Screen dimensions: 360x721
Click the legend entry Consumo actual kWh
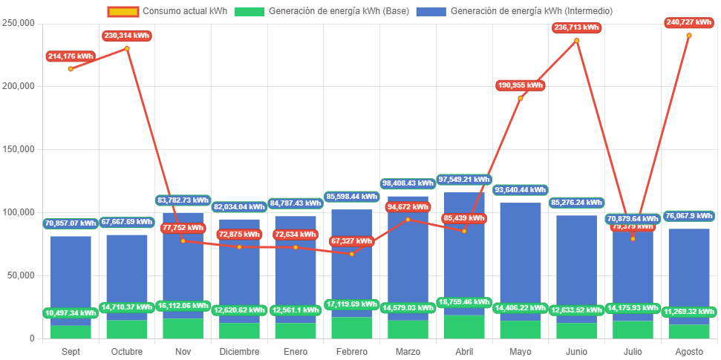(x=175, y=11)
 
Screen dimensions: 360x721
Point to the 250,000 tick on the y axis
(x=19, y=23)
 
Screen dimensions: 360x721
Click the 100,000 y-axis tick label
(x=19, y=212)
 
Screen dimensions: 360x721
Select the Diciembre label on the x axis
(x=239, y=351)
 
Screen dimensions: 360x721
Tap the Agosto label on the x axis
(x=688, y=351)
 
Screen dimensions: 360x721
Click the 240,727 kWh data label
(x=688, y=23)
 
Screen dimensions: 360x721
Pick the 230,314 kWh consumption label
(x=127, y=36)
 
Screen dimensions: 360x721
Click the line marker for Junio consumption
(x=576, y=40)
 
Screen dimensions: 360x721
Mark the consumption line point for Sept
(x=71, y=69)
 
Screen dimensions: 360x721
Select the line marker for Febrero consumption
(x=352, y=254)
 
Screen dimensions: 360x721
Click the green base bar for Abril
(x=464, y=327)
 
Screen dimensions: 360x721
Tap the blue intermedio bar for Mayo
(x=521, y=252)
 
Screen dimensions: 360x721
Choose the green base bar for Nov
(x=183, y=328)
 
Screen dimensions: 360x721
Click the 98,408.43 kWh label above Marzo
(x=408, y=183)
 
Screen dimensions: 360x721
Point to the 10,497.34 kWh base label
(x=71, y=312)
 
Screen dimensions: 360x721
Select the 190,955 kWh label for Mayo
(x=521, y=85)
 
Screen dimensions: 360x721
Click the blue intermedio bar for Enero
(x=296, y=260)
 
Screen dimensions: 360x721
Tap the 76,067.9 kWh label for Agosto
(x=688, y=216)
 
